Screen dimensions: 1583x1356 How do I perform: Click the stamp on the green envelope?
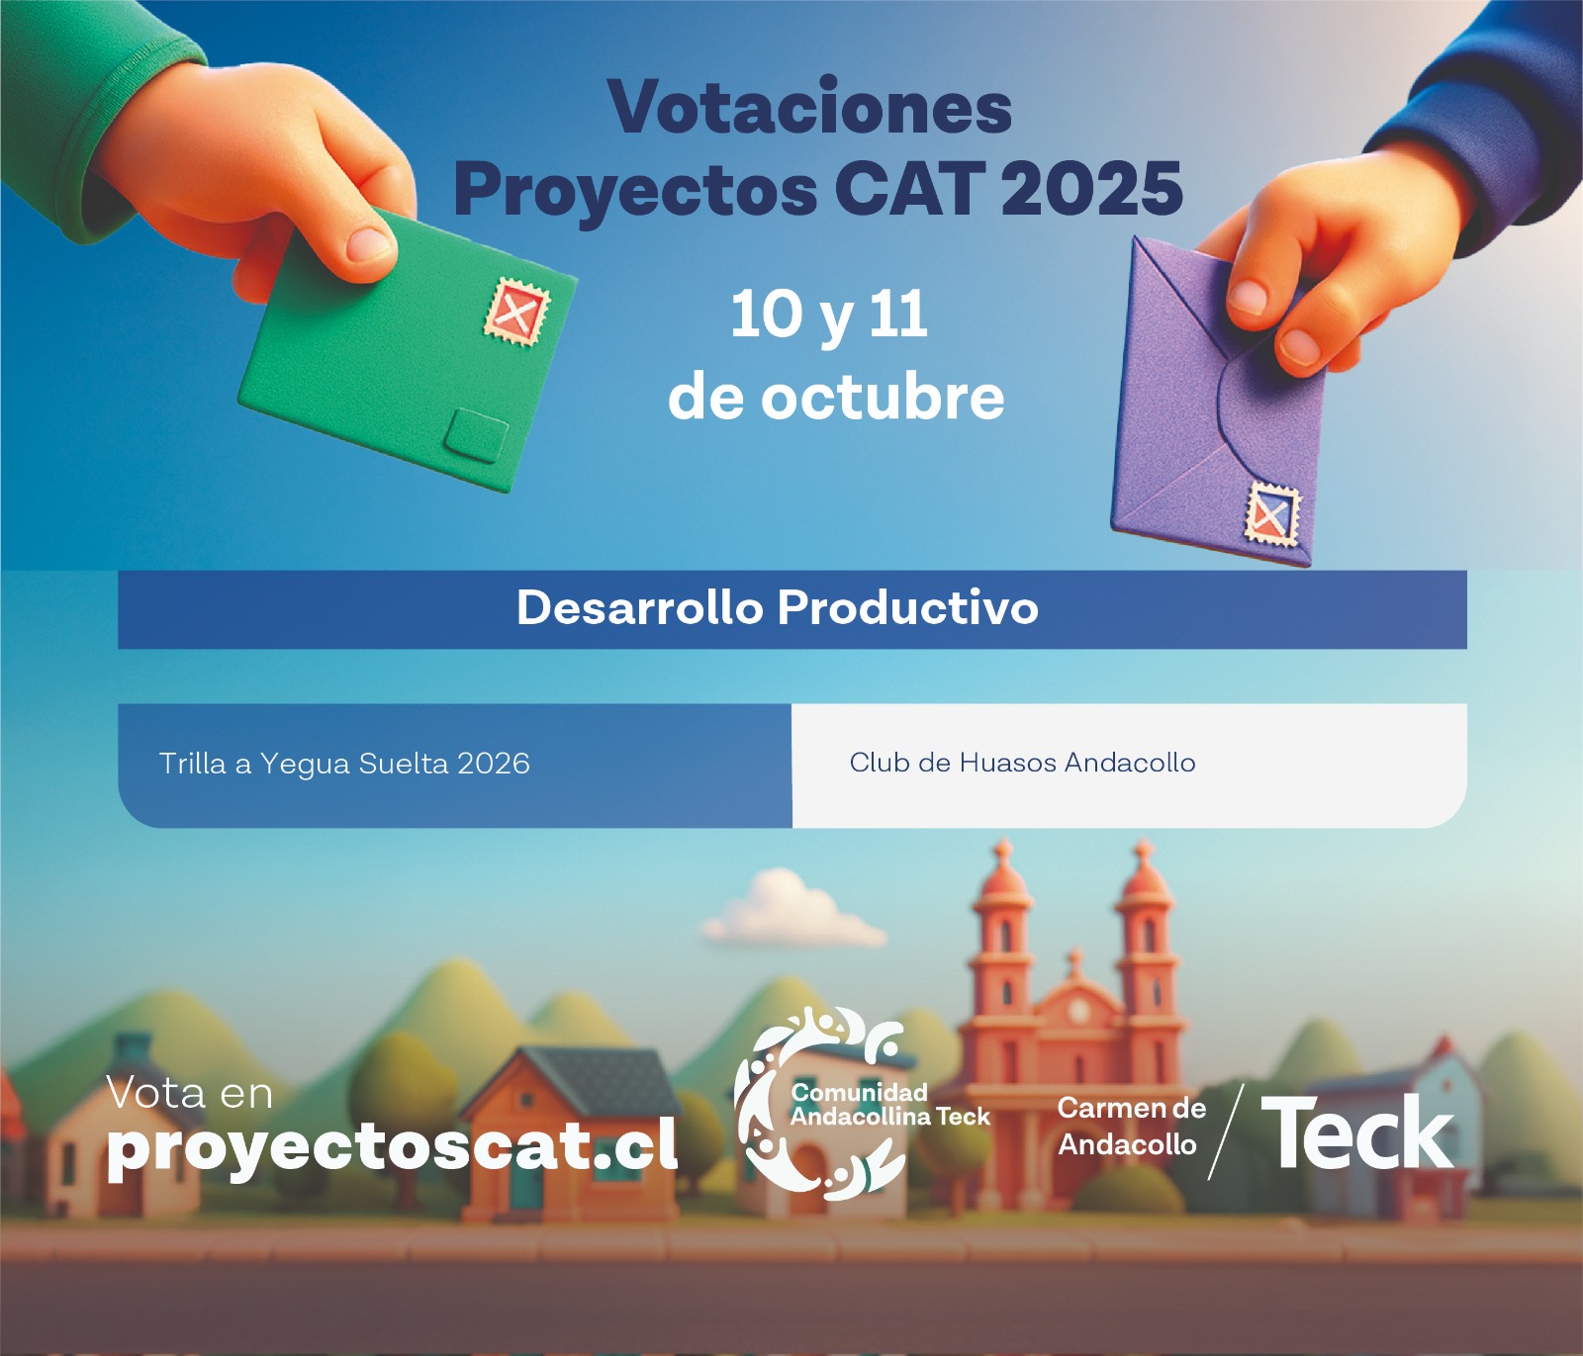pos(516,312)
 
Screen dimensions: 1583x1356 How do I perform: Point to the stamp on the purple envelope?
pos(1271,514)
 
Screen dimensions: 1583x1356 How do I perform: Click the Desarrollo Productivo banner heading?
pos(778,607)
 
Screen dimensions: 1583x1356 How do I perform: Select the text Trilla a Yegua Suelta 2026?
pos(344,764)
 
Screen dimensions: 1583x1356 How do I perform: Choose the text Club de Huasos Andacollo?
pos(1022,763)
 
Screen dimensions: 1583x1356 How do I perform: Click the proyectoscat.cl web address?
pos(392,1147)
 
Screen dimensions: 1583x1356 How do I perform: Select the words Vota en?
pos(189,1093)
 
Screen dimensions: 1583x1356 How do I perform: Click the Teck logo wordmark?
pos(1357,1132)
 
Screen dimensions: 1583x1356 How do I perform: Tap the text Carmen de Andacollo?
pos(1131,1127)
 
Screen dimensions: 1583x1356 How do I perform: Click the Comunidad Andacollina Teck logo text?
pos(889,1105)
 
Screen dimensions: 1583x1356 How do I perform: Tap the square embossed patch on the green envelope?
pos(477,435)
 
